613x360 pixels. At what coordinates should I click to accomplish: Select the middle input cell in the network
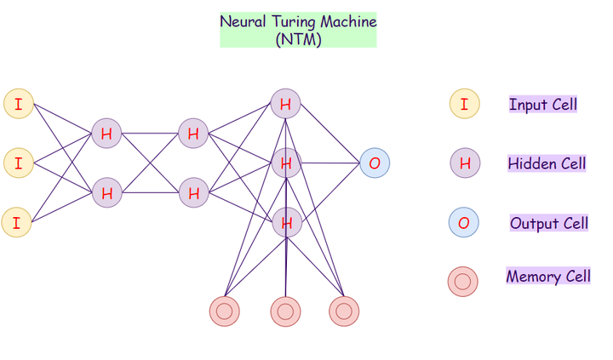(18, 162)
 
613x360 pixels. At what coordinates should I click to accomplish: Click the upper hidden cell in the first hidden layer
(106, 134)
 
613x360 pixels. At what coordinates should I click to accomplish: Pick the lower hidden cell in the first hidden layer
(106, 192)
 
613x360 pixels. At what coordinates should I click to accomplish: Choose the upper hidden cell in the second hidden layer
(194, 134)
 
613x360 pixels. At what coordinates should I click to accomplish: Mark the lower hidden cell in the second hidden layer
(194, 192)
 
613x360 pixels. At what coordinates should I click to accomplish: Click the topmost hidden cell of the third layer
(286, 105)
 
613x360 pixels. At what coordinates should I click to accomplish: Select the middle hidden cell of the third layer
(287, 163)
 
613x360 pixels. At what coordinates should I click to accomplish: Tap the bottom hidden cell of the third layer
(287, 223)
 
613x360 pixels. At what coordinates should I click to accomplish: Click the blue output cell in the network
(375, 163)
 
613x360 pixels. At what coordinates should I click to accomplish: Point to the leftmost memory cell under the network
(225, 311)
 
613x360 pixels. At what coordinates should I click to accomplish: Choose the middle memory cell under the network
(285, 311)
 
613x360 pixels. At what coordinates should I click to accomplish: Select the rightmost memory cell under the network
(344, 311)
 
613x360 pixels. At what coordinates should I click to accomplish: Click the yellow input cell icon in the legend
(464, 104)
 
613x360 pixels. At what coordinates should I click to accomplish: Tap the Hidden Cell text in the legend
(547, 163)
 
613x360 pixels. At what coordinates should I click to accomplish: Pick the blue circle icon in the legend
(464, 223)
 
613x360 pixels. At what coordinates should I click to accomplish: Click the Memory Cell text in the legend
(548, 277)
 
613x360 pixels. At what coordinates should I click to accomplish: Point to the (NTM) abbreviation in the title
(299, 38)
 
